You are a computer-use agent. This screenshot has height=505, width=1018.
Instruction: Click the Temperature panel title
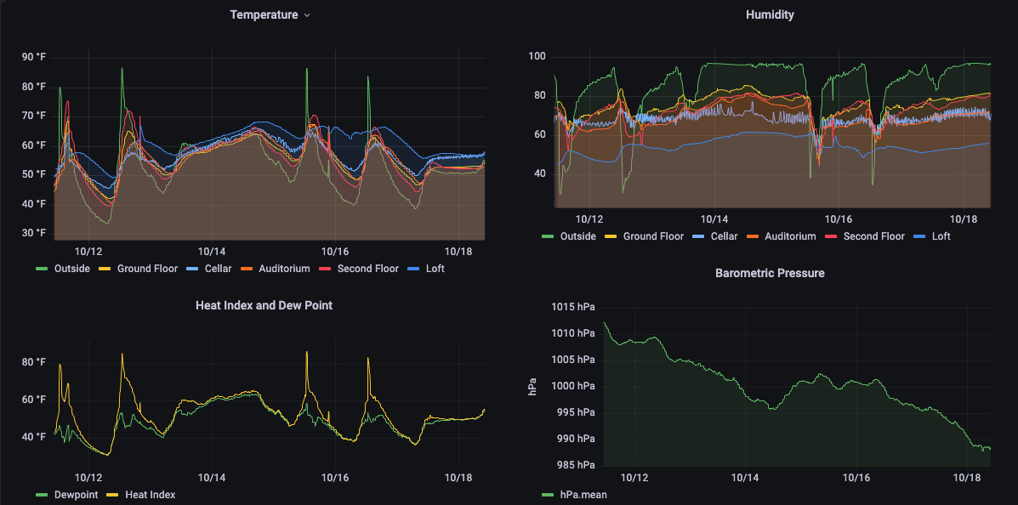264,15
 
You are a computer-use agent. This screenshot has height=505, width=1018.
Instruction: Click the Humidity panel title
770,15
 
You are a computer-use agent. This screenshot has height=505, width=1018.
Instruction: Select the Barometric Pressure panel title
770,273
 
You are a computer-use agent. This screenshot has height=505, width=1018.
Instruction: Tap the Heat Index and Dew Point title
264,304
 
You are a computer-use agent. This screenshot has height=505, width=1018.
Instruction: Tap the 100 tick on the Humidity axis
537,57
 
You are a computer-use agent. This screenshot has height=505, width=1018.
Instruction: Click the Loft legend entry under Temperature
435,269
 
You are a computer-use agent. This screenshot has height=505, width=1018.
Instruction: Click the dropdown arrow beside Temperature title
307,15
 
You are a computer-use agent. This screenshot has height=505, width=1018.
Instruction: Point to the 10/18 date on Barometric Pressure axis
968,479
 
